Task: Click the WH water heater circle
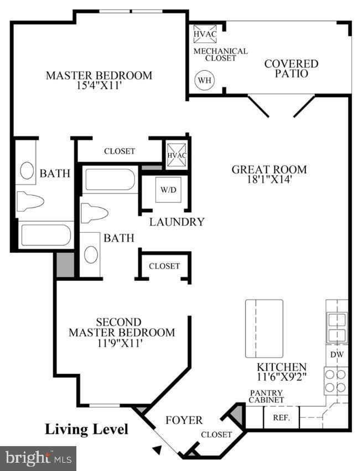[x=205, y=80]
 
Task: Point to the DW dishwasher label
[x=336, y=354]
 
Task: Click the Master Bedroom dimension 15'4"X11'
[x=98, y=86]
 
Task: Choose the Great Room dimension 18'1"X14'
[x=269, y=179]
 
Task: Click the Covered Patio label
[x=291, y=68]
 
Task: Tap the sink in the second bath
[x=91, y=254]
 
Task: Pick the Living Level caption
[x=86, y=429]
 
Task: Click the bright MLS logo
[x=38, y=458]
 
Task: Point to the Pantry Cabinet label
[x=266, y=396]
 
